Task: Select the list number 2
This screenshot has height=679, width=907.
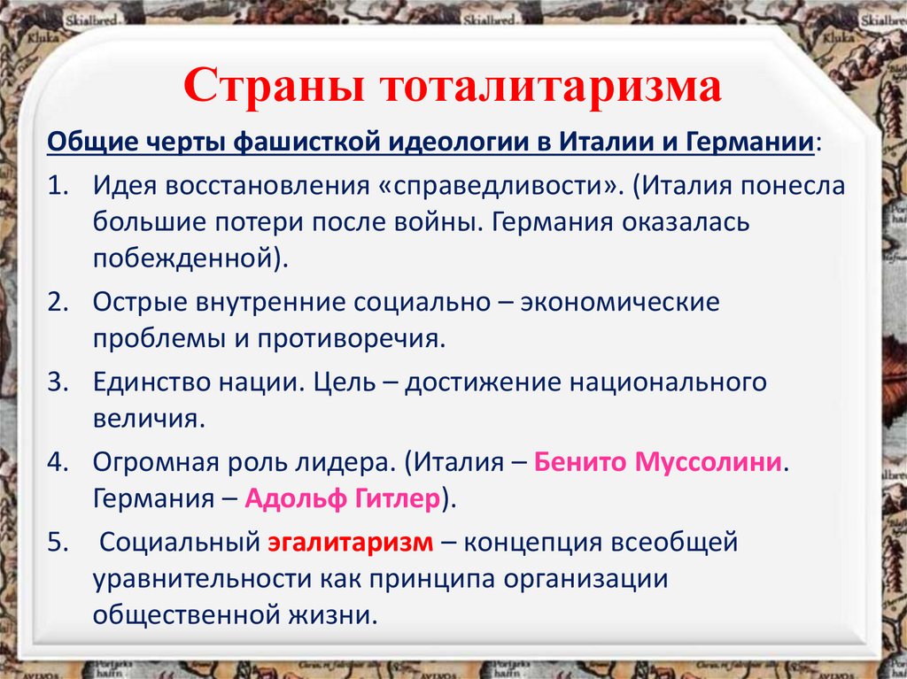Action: pos(58,302)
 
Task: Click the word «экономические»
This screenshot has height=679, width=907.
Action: pos(619,302)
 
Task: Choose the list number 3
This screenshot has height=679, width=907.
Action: pos(58,382)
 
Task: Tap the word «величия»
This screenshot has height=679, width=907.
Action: pos(148,418)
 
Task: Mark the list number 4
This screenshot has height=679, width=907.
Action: pos(58,462)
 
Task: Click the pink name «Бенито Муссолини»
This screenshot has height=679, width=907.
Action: pos(660,462)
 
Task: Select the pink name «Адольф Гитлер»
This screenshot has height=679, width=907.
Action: pos(343,498)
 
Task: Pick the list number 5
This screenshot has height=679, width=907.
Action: pos(58,542)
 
